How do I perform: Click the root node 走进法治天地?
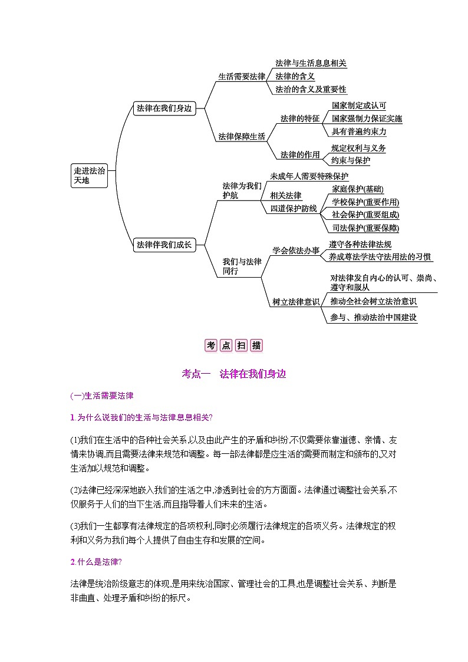pos(89,176)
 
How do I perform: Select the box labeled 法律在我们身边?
pos(164,108)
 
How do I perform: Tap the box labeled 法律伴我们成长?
pos(164,245)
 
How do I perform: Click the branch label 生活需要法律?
pos(242,77)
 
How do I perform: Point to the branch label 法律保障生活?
pos(242,136)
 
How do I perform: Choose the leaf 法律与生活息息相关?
pos(311,63)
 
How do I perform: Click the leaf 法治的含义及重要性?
pos(311,90)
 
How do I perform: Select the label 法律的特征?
pos(299,118)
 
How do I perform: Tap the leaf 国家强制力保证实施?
pos(367,118)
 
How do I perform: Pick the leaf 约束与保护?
pos(351,160)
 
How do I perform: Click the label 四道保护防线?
pos(294,209)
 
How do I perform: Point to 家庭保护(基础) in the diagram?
pos(358,189)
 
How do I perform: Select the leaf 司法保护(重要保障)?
pos(365,228)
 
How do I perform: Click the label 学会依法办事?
pos(295,250)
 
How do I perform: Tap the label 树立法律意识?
pos(295,302)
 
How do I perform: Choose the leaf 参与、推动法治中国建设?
pos(374,317)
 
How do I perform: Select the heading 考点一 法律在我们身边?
pos(234,373)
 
